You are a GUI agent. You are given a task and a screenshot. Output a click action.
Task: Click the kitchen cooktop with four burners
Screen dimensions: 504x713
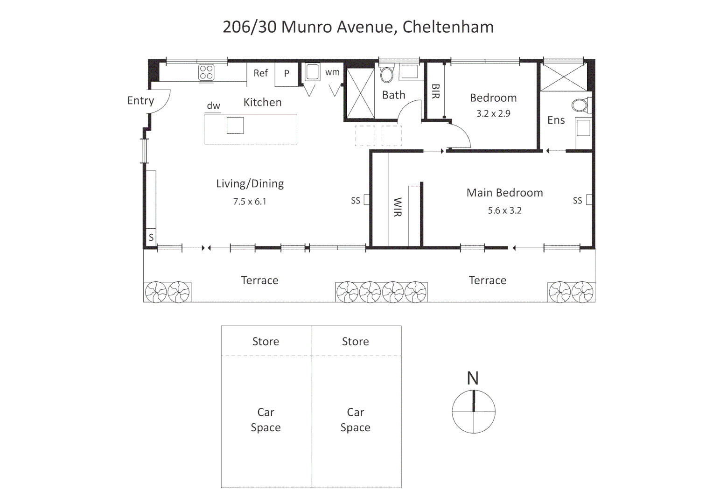click(206, 73)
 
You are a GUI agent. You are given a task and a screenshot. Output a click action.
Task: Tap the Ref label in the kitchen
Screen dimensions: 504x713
click(260, 73)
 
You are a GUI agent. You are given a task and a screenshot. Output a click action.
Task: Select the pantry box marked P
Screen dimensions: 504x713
click(287, 74)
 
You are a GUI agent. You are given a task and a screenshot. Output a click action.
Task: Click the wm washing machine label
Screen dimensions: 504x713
click(332, 72)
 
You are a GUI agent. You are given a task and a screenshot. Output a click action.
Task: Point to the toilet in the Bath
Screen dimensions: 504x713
click(387, 74)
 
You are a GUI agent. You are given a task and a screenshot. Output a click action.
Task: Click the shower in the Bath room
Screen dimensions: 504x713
click(360, 93)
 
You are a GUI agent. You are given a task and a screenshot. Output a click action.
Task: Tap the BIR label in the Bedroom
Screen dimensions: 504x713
click(435, 91)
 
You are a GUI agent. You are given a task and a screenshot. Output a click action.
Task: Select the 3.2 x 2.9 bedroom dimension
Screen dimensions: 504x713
click(493, 113)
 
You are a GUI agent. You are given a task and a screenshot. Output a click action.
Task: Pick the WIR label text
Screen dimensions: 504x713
click(397, 207)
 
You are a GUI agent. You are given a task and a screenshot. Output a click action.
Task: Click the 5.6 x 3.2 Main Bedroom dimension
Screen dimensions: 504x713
click(504, 210)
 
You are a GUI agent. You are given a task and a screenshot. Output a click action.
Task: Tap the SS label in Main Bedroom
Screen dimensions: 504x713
click(577, 201)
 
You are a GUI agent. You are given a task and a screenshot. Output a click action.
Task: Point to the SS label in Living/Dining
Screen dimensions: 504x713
click(356, 201)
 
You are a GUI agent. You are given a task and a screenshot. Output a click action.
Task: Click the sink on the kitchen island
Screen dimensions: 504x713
click(235, 126)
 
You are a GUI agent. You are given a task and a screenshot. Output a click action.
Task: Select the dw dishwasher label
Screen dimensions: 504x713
click(213, 106)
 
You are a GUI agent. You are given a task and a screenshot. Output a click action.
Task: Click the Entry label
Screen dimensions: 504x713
click(140, 101)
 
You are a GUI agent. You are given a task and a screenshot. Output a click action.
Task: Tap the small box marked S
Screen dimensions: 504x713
click(151, 237)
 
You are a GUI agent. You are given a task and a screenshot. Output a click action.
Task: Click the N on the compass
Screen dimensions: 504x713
click(473, 378)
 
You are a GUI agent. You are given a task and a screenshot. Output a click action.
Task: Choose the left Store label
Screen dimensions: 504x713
click(266, 342)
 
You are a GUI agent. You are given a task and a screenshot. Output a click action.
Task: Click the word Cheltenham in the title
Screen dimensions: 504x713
click(447, 27)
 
